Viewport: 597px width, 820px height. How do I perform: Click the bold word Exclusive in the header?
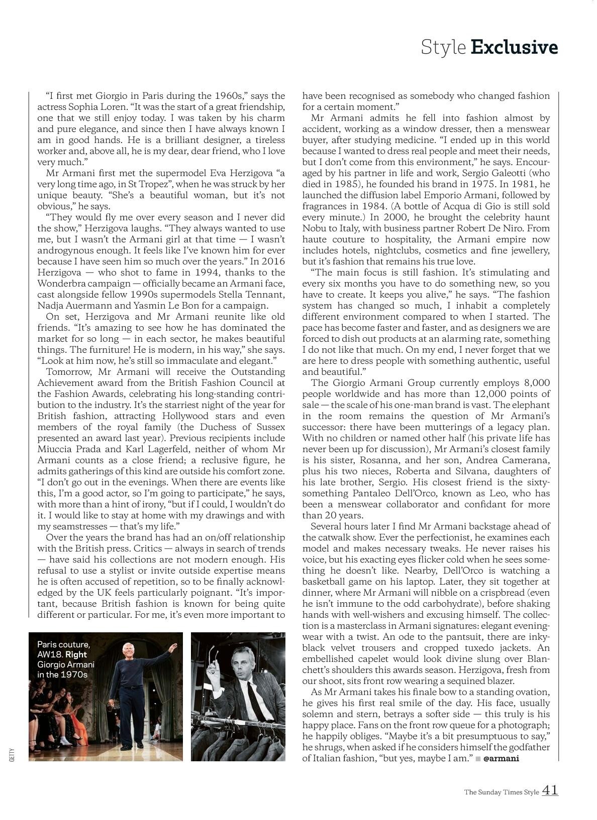(514, 47)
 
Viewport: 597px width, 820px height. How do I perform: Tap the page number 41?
(550, 790)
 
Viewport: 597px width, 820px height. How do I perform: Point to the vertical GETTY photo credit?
(12, 755)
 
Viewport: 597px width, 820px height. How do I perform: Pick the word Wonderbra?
(62, 284)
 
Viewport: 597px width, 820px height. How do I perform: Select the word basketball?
(326, 582)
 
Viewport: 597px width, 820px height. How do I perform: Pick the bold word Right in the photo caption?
(76, 654)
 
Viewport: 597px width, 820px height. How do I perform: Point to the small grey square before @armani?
(478, 758)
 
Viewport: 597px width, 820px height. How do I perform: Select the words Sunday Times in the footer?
(500, 792)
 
